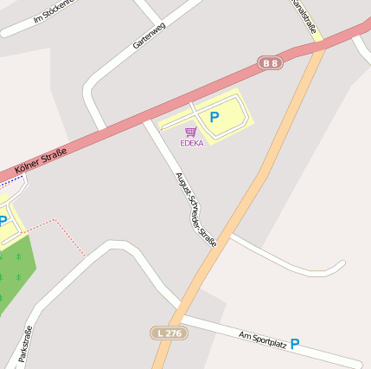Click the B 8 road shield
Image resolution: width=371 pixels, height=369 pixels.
pos(271,62)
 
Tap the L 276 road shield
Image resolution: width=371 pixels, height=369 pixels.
pos(167,333)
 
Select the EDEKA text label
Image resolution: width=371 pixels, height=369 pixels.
pos(191,143)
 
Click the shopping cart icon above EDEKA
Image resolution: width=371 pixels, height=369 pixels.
pos(190,132)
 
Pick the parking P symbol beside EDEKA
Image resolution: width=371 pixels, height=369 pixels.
pos(214,116)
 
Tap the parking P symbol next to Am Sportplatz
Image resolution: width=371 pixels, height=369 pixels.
pos(295,344)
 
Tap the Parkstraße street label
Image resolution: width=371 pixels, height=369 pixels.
pos(24,343)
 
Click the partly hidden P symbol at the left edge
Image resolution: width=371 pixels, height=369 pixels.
pos(3,222)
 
